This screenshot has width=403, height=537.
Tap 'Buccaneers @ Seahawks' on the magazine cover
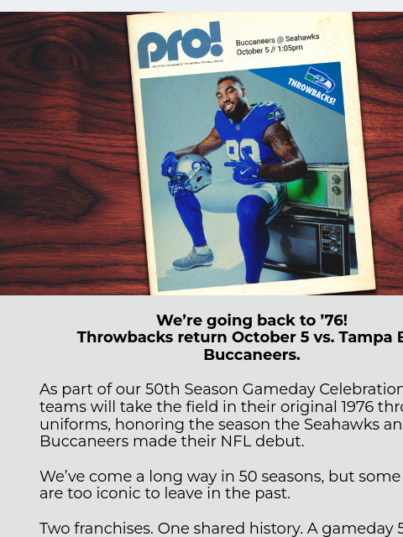[276, 39]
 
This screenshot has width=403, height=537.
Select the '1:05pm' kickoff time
[289, 49]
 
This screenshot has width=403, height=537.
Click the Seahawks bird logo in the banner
[320, 79]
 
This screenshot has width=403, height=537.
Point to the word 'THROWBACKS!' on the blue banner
[311, 91]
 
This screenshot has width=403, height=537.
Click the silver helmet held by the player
[191, 174]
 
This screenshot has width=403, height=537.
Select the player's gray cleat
[192, 258]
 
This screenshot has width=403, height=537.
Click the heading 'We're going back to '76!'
[251, 321]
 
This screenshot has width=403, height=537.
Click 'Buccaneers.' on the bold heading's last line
[251, 355]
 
